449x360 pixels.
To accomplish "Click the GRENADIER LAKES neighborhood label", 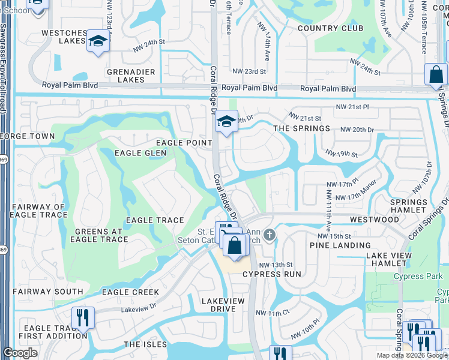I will [126, 76].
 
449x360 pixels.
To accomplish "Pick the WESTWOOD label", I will [375, 220].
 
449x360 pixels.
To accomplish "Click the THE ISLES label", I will [144, 344].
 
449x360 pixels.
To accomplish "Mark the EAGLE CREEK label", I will [130, 292].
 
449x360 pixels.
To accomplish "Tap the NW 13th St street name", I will [276, 265].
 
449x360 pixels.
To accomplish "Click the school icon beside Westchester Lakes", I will [97, 41].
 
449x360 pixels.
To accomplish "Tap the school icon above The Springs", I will [227, 122].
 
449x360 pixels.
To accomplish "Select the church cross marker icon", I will [270, 234].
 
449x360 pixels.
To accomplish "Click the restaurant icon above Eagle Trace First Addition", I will [83, 316].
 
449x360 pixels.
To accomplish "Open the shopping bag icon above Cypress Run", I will [235, 245].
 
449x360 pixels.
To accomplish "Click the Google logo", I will [20, 353].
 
